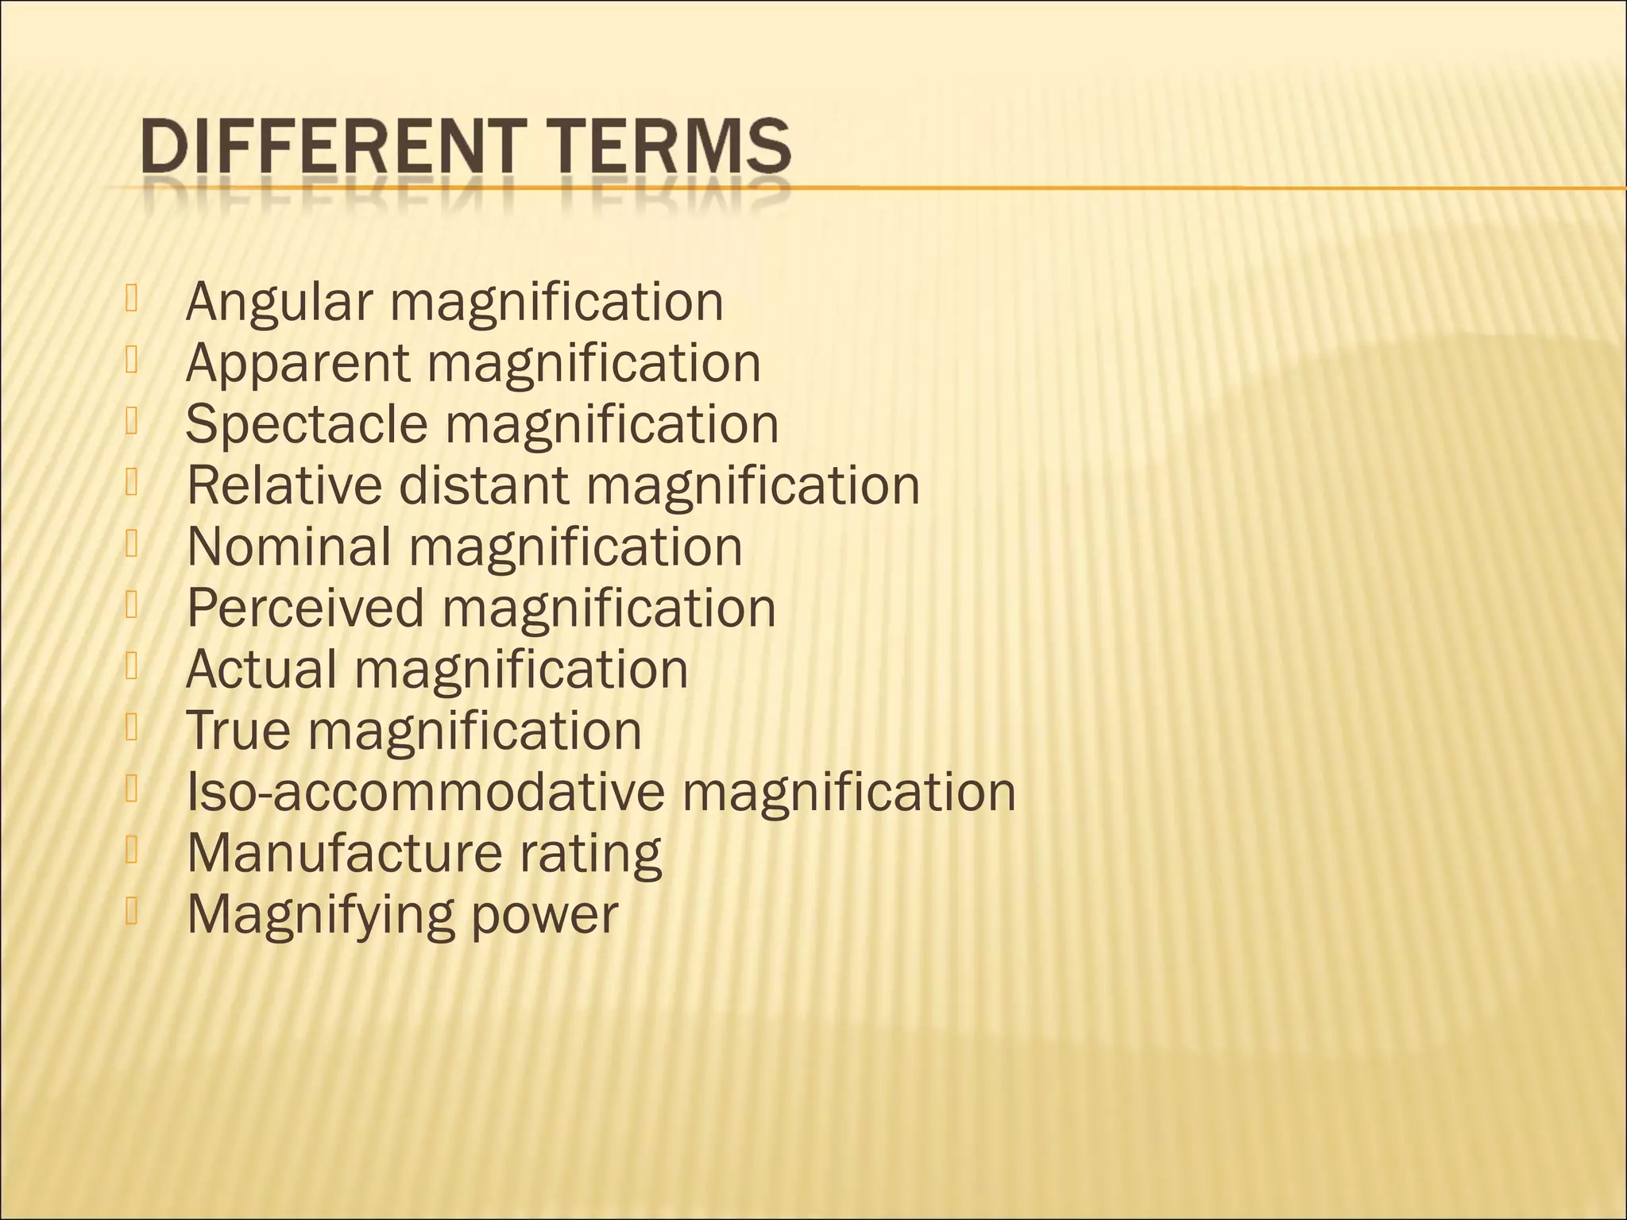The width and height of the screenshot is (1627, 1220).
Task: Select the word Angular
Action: click(279, 303)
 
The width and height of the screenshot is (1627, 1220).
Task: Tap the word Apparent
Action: click(298, 364)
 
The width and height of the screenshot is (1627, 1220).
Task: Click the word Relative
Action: click(284, 485)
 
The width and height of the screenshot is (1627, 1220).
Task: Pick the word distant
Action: click(484, 485)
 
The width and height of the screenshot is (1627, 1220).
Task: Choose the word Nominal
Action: click(289, 546)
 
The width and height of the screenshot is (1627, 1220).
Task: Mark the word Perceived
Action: click(306, 608)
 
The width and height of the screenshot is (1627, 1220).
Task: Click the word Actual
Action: click(261, 669)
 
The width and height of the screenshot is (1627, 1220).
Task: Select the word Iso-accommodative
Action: click(425, 792)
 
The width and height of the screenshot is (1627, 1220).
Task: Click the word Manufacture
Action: click(344, 853)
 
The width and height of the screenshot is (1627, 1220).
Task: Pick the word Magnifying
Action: click(320, 916)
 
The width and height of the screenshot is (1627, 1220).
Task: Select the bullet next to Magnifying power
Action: click(132, 912)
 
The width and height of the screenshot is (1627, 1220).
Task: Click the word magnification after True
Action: click(475, 732)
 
